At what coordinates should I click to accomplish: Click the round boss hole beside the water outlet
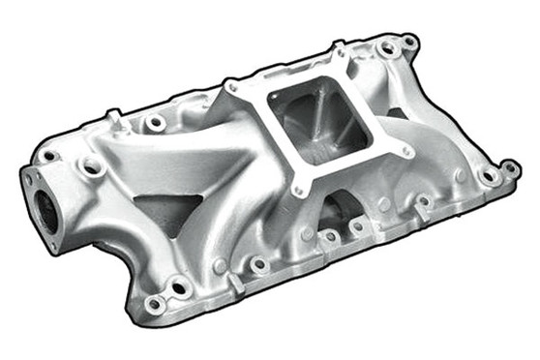tap(94, 167)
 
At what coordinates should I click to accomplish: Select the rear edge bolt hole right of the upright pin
tap(155, 124)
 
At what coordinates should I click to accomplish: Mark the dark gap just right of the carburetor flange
tap(397, 113)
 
